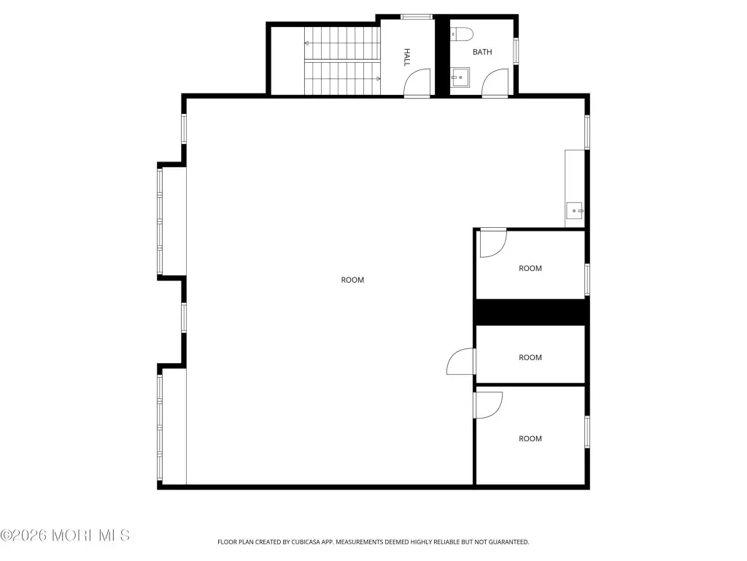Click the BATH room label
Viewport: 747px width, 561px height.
point(482,52)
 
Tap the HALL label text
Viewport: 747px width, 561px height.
point(407,57)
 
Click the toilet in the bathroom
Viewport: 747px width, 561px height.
point(461,34)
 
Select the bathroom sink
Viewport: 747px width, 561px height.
point(460,77)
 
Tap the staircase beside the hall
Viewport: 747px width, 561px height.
point(342,61)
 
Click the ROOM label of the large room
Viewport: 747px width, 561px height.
point(352,280)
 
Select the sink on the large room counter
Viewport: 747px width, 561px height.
point(575,210)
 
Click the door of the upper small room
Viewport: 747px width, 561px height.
point(492,243)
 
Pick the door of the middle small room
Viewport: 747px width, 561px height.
point(461,361)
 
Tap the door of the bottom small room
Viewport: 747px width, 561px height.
point(488,405)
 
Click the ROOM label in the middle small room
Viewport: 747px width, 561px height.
point(530,358)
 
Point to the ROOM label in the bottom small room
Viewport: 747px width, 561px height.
point(530,439)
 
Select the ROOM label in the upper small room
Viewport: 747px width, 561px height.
point(530,269)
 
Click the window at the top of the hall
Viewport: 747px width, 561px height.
point(417,18)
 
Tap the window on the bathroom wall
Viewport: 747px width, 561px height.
point(516,51)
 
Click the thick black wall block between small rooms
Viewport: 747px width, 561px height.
point(531,312)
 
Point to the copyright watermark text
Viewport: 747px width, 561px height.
point(65,535)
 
